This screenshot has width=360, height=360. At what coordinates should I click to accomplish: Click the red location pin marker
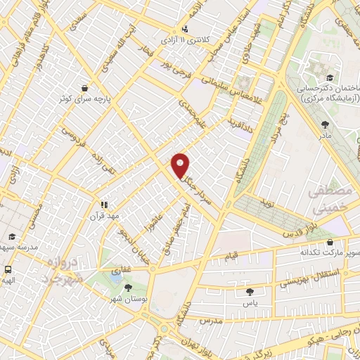(181, 165)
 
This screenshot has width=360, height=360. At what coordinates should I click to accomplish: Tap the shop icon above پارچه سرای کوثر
(85, 89)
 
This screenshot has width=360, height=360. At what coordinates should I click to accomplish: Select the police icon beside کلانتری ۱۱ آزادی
(184, 29)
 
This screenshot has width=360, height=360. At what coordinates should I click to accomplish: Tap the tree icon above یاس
(250, 291)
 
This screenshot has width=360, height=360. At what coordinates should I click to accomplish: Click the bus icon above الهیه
(8, 269)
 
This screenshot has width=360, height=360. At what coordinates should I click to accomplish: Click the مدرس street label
(210, 319)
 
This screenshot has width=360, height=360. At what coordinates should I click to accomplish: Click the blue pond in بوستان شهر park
(112, 277)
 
